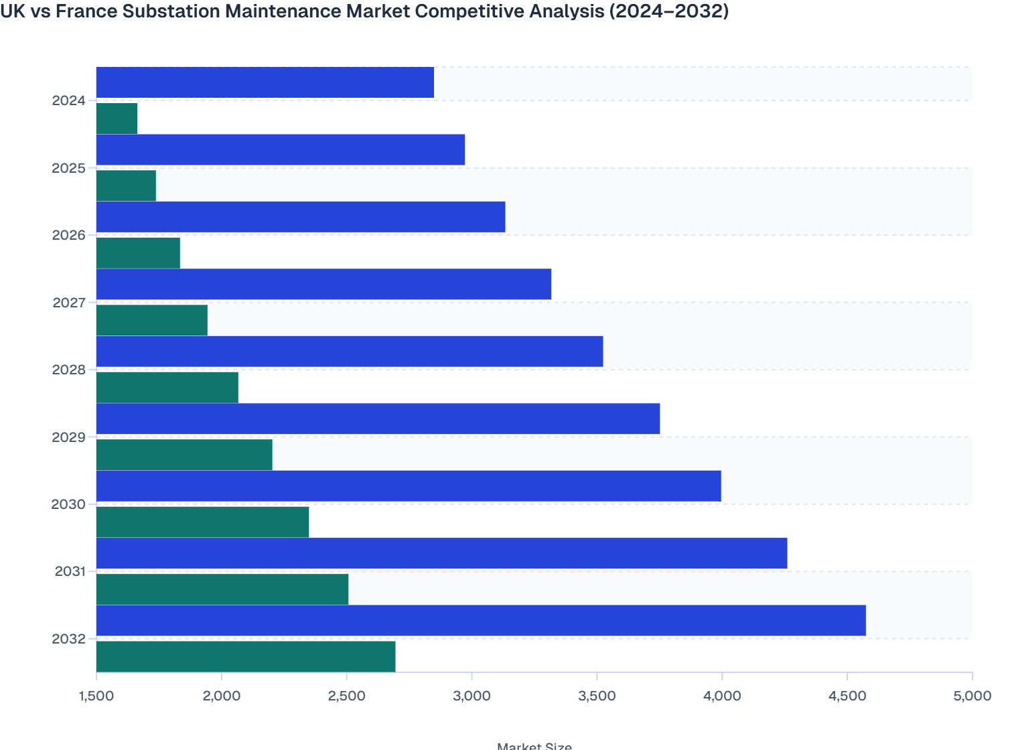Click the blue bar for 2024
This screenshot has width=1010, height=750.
point(265,82)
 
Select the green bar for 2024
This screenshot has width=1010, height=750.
point(117,119)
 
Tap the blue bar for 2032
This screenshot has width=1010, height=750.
point(481,620)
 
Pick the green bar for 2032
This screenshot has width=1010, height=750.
point(246,656)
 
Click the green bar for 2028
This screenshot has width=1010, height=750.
point(167,387)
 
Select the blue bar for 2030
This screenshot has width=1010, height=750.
point(409,485)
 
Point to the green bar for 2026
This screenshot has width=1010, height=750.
point(138,252)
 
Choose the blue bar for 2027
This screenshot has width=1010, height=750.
point(323,284)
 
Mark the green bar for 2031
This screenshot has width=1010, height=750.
point(222,589)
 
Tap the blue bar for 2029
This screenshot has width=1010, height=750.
point(378,419)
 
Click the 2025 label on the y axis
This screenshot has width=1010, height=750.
point(69,168)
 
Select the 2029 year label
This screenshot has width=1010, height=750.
point(69,437)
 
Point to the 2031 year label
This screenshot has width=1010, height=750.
point(70,572)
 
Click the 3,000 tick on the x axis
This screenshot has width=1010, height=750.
point(472,696)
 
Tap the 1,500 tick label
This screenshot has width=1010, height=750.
point(96,696)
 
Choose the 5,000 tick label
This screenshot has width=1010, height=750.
point(971,696)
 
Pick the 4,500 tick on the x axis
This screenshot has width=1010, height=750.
point(847,696)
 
